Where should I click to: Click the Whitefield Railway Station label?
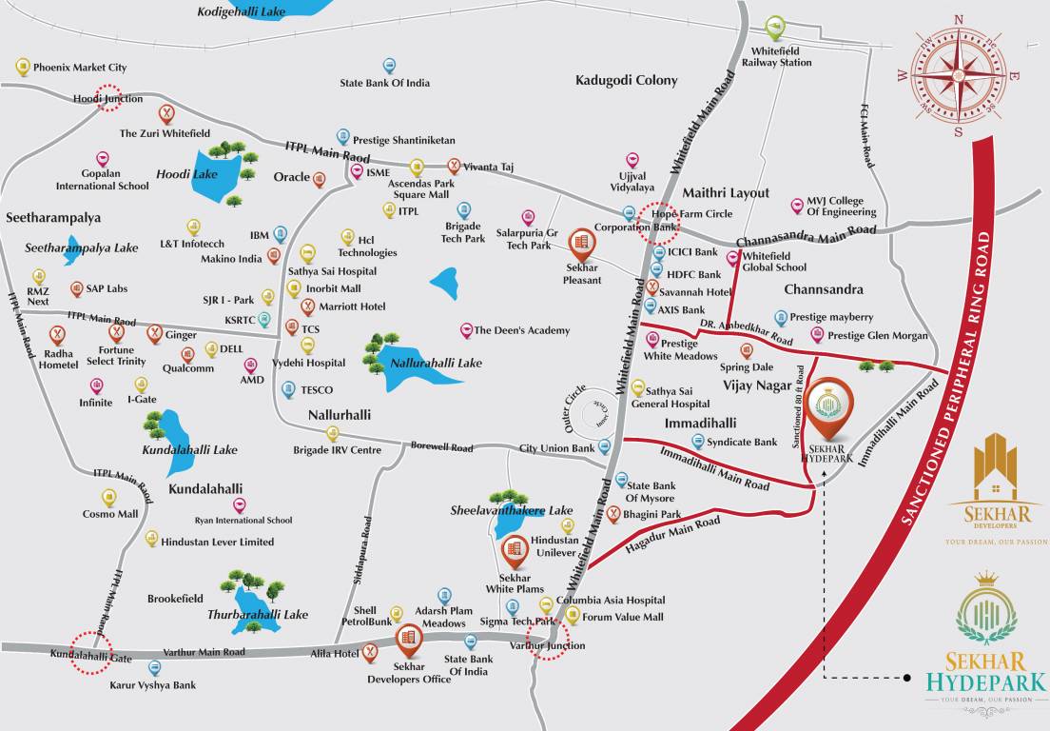click(x=781, y=56)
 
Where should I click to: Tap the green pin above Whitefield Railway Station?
click(x=775, y=27)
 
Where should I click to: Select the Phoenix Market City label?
click(x=80, y=68)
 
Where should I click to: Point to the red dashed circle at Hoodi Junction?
click(x=109, y=99)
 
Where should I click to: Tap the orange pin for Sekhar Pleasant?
click(x=581, y=246)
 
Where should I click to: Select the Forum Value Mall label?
click(x=623, y=617)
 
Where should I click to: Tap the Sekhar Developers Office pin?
click(x=409, y=640)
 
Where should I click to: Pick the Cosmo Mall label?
click(x=110, y=514)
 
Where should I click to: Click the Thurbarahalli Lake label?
click(x=258, y=615)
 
